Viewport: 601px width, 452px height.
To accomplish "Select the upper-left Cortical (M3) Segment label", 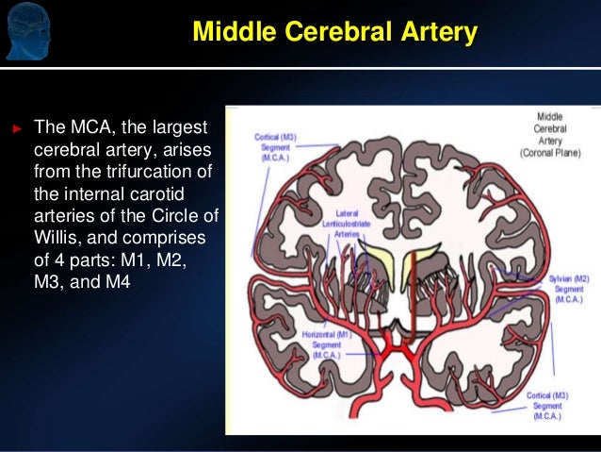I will pos(275,147).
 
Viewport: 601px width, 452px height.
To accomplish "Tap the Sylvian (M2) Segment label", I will pos(568,289).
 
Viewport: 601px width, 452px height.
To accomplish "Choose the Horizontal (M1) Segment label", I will pos(327,344).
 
